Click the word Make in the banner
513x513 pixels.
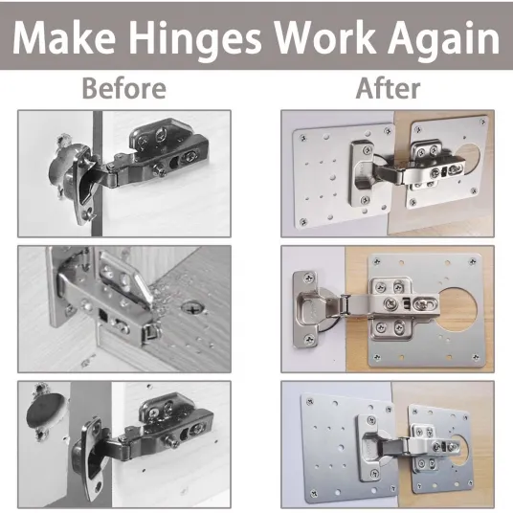coord(64,38)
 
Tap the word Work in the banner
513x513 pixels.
coord(324,38)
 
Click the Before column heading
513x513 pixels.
coord(124,88)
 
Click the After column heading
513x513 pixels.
coord(388,88)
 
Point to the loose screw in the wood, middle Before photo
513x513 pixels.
coord(193,307)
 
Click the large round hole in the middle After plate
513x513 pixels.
coord(455,309)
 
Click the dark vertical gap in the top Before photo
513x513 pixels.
coord(97,173)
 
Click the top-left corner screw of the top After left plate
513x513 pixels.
coord(303,139)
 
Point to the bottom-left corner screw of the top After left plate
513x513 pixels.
coord(303,222)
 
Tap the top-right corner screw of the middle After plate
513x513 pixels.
coord(473,261)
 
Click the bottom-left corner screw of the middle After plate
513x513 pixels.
coord(376,357)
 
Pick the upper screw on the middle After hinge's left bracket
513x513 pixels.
coord(308,279)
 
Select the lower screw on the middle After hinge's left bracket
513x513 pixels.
coord(308,341)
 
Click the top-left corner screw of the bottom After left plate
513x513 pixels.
coord(309,401)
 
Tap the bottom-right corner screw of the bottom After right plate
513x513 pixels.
coord(470,483)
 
